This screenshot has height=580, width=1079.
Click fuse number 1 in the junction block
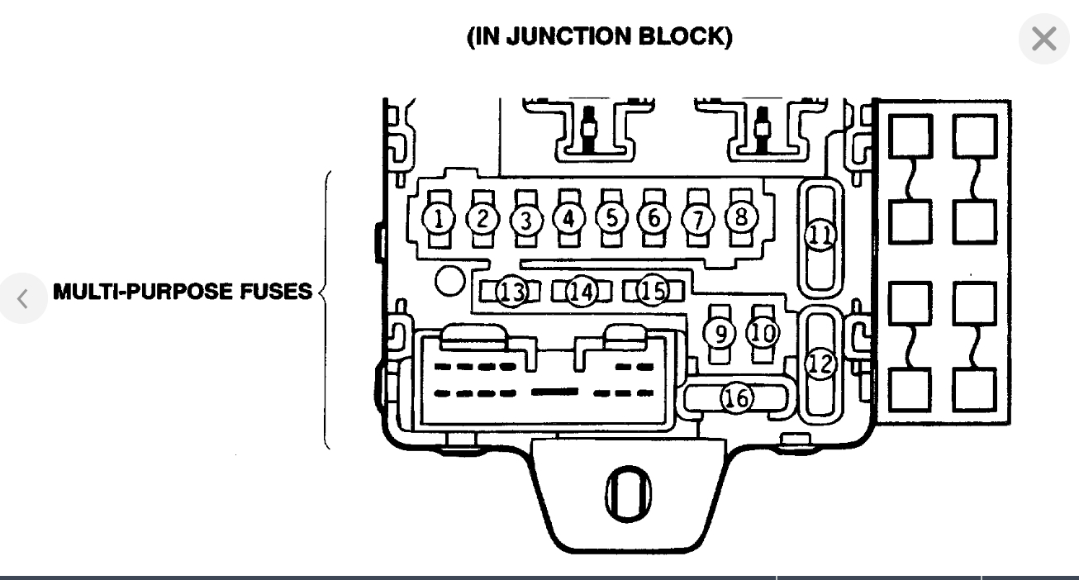pos(439,219)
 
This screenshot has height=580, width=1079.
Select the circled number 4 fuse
pos(568,218)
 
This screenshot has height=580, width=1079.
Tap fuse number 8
pos(741,216)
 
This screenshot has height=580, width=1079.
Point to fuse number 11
pos(820,235)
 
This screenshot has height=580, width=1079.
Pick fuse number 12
pos(820,364)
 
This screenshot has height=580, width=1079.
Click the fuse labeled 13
pos(511,291)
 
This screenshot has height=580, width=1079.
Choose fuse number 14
pos(582,291)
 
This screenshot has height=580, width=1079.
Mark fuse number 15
pos(652,291)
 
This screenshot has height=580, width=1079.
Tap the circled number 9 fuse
pos(720,333)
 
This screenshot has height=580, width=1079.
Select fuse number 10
pos(763,332)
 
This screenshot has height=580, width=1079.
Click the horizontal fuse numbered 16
pos(736,398)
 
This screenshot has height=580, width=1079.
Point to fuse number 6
pos(654,218)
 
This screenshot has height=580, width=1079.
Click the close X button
pos(1043,39)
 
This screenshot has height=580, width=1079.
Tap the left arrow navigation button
pos(22,298)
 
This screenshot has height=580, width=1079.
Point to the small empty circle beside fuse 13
pos(449,282)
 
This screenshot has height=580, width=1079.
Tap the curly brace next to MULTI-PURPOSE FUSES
pos(325,310)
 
